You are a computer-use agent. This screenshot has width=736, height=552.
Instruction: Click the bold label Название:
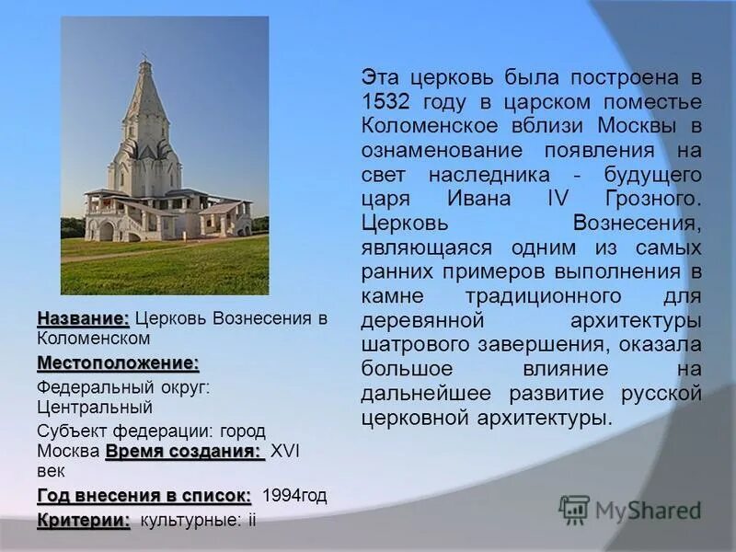coord(84,318)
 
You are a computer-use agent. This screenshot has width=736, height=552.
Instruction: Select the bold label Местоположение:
coord(118,363)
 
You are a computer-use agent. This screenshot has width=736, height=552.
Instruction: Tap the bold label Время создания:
coord(184,452)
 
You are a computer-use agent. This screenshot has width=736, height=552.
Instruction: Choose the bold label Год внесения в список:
coord(144,495)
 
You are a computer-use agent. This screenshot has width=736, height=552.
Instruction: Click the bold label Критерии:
coord(84,521)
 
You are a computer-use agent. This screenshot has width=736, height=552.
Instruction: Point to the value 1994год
coord(294,496)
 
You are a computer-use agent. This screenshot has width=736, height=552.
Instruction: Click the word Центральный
coord(95,407)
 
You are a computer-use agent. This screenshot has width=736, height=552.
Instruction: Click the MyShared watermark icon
coord(574,510)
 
